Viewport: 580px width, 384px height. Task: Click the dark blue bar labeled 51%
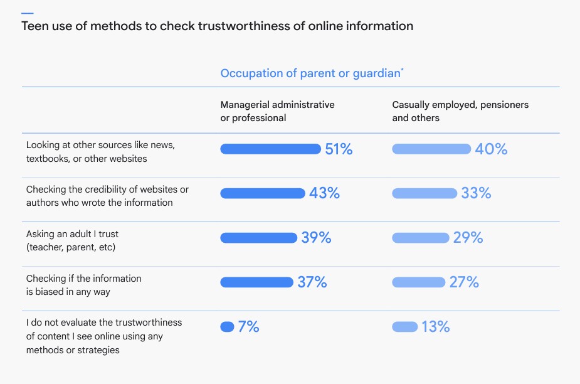tap(270, 149)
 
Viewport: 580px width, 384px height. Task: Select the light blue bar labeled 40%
tap(431, 149)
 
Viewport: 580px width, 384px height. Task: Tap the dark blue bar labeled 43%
tap(262, 193)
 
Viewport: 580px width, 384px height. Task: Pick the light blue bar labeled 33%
tap(424, 193)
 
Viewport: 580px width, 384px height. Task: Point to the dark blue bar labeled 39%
tap(258, 238)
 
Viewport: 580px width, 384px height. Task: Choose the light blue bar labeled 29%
tap(421, 238)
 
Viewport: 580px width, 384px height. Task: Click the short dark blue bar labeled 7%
tap(227, 327)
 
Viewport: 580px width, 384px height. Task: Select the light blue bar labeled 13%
tap(405, 327)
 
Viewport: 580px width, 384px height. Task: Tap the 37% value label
tap(312, 282)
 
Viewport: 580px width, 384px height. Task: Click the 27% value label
tap(464, 282)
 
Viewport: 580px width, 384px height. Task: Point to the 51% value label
tap(339, 149)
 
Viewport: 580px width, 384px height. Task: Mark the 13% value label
tap(435, 327)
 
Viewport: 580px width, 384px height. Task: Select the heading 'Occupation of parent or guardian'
tap(310, 73)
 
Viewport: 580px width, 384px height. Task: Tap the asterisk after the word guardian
tap(402, 70)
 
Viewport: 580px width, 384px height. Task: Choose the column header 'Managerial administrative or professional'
tap(277, 111)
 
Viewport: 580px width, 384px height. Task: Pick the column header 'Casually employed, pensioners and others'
tap(460, 111)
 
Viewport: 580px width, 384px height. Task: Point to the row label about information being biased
tap(83, 285)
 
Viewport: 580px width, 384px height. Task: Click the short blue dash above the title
tap(28, 13)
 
